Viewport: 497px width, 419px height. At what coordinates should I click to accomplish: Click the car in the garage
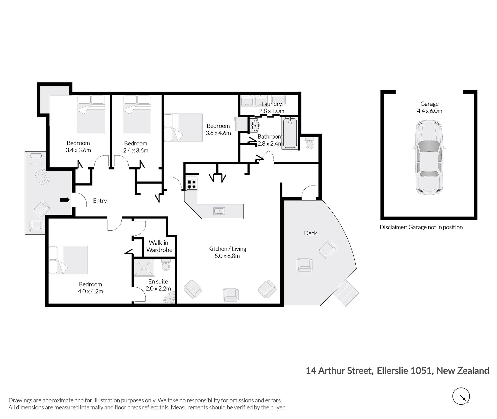tap(429, 158)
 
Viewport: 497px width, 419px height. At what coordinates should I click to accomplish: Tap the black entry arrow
tap(65, 200)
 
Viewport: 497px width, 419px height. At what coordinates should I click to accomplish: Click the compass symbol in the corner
tap(461, 396)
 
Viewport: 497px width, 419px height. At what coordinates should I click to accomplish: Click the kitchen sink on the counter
tap(219, 211)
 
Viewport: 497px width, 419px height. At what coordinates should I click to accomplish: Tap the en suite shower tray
tap(144, 267)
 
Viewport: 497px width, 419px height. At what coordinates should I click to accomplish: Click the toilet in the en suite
tap(165, 265)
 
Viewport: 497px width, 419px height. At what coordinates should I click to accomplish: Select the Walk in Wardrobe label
tap(159, 246)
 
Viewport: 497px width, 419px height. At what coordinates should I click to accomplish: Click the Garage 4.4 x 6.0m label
tap(429, 107)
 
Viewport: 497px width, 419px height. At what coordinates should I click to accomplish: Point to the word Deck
tap(310, 233)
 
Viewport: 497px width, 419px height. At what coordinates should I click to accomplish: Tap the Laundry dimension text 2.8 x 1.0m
tap(272, 111)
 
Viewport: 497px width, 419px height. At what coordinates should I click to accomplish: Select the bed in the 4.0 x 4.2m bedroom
tap(68, 260)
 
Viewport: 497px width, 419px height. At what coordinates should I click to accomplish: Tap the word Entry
tap(100, 201)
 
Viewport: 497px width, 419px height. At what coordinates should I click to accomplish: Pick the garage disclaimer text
tap(421, 227)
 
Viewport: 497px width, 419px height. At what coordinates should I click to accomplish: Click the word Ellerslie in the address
tap(391, 371)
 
